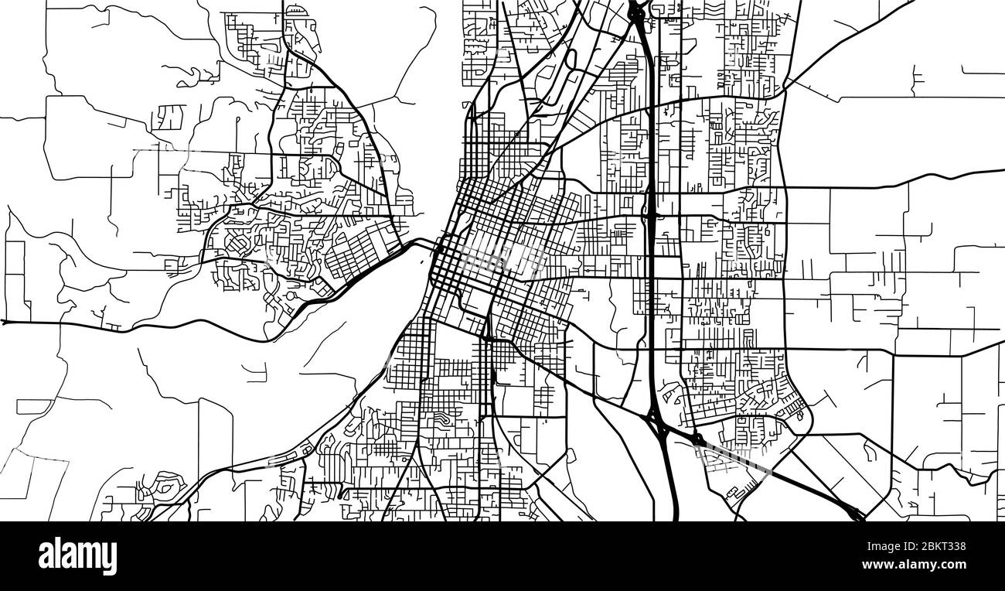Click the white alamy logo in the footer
point(77,555)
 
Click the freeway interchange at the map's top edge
point(639,11)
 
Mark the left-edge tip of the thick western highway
point(5,321)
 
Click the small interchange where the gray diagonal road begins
point(698,440)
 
